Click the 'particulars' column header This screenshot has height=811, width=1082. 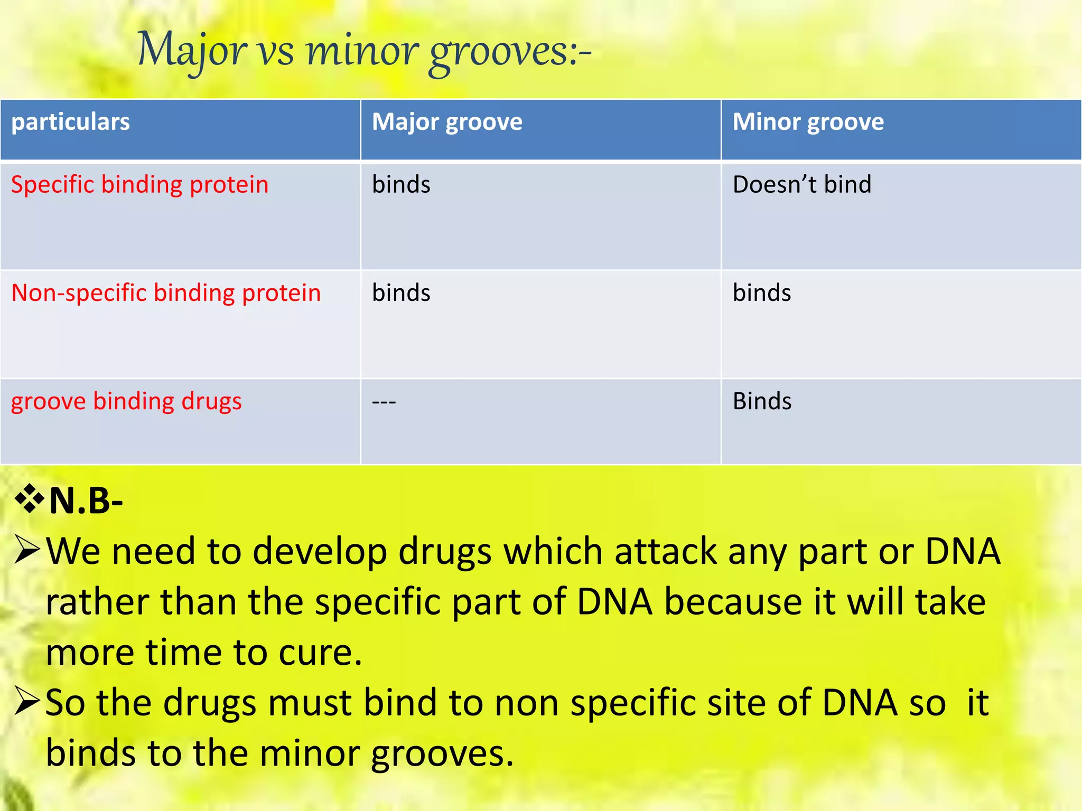[x=70, y=122]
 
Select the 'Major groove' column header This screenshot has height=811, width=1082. [x=447, y=122]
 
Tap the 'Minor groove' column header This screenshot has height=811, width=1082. [x=808, y=122]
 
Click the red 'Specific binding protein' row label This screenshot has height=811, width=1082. [x=139, y=185]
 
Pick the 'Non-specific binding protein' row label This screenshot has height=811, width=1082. [x=166, y=293]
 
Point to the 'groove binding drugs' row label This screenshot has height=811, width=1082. [x=126, y=401]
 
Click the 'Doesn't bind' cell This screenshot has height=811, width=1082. [x=801, y=185]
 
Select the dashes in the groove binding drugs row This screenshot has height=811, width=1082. [x=384, y=402]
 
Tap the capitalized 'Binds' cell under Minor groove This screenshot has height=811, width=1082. [x=762, y=401]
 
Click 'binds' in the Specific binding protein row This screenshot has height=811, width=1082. [x=401, y=185]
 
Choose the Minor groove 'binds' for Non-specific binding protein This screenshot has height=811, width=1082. [x=762, y=293]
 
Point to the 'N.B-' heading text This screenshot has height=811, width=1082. [x=86, y=501]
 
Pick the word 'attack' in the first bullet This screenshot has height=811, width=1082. [x=666, y=551]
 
